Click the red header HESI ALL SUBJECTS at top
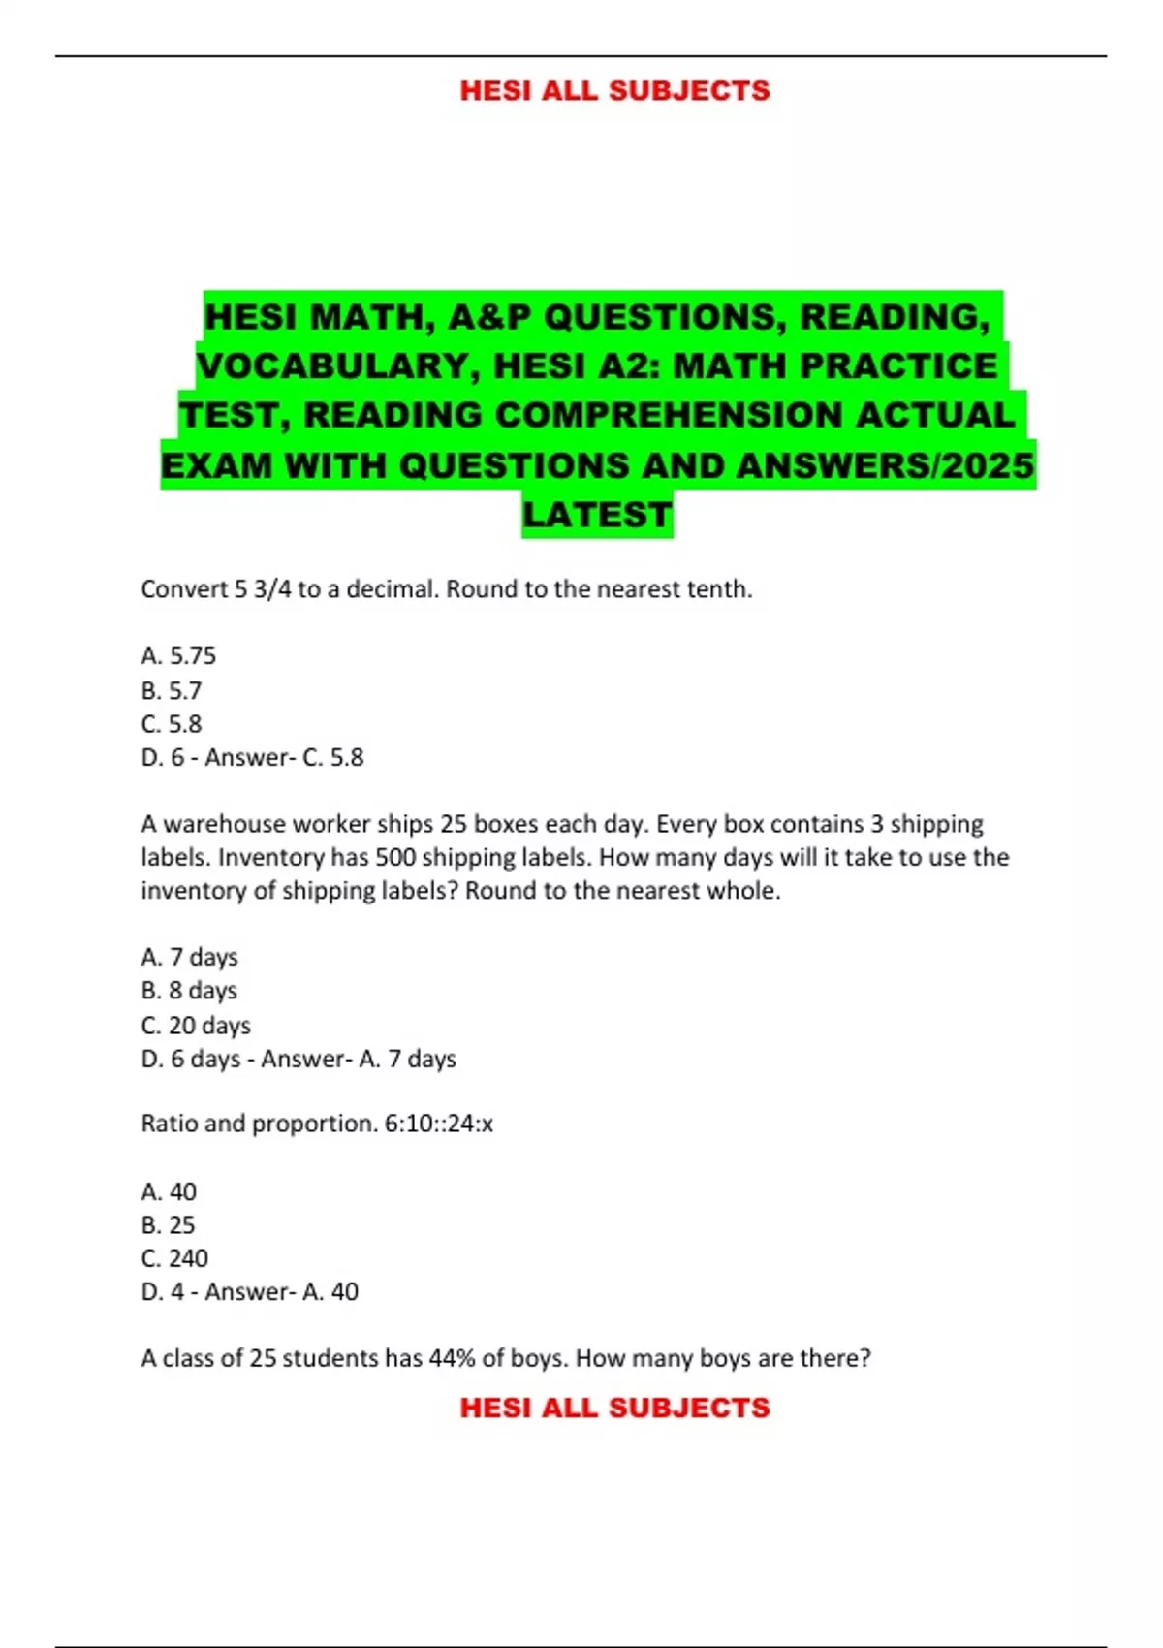click(x=614, y=91)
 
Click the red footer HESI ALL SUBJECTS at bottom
click(x=614, y=1408)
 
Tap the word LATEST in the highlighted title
click(x=597, y=515)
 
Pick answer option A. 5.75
click(x=178, y=656)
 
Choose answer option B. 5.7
click(x=172, y=691)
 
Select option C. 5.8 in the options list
click(x=172, y=724)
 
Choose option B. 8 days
click(x=189, y=991)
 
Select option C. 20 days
click(x=196, y=1026)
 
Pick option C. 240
click(x=174, y=1258)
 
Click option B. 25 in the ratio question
click(x=168, y=1225)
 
